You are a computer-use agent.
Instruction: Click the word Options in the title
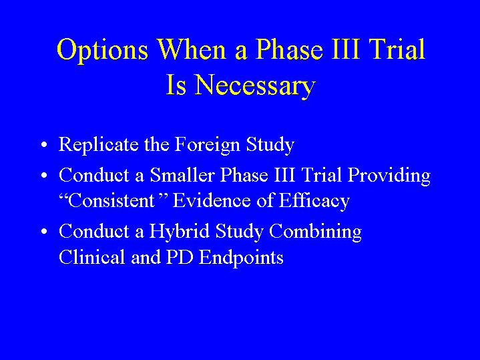[x=103, y=50]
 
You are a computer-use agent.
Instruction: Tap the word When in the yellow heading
[x=192, y=49]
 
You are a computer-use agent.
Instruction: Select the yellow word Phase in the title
[x=289, y=49]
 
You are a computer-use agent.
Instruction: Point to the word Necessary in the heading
[x=255, y=85]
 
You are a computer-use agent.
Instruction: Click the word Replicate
[x=99, y=145]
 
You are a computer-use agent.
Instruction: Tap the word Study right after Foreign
[x=270, y=145]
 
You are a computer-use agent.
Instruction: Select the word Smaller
[x=182, y=175]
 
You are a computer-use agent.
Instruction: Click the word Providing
[x=389, y=176]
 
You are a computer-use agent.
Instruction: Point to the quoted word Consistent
[x=111, y=201]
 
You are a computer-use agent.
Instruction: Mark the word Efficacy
[x=314, y=202]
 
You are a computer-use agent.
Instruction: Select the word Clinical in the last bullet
[x=92, y=256]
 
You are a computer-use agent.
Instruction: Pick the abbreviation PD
[x=180, y=256]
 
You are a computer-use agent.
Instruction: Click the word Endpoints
[x=241, y=257]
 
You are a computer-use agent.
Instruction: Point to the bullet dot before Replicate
[x=44, y=144]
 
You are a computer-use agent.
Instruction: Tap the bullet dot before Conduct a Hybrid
[x=44, y=231]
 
